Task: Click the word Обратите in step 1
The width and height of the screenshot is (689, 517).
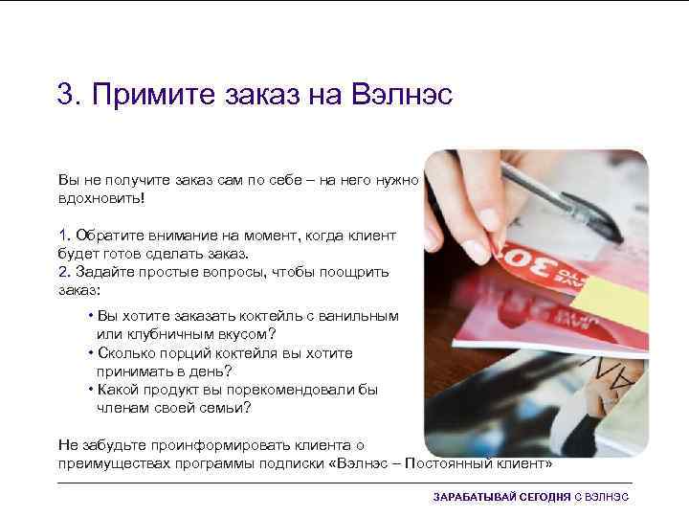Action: click(x=107, y=236)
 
